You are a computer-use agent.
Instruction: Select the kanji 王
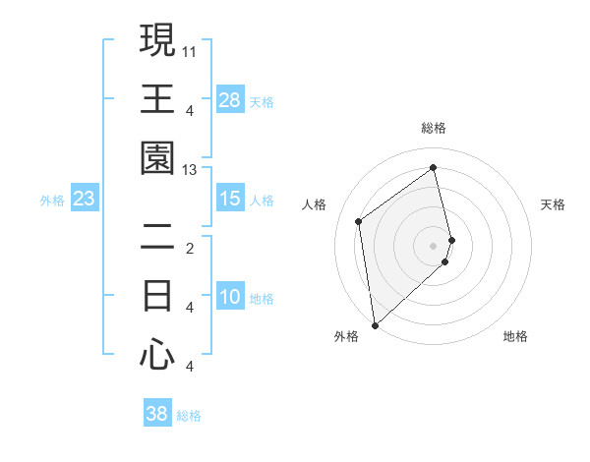tap(157, 98)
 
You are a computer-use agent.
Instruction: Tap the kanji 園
tap(157, 157)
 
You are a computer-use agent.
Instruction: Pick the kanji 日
tap(157, 295)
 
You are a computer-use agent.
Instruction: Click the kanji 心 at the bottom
tap(157, 354)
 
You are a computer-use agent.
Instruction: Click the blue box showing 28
tap(230, 100)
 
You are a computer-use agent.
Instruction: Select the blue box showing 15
tap(230, 200)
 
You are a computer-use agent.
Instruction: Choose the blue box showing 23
tap(85, 200)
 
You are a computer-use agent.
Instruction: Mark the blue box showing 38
tap(157, 415)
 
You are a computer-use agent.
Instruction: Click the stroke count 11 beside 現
tap(190, 50)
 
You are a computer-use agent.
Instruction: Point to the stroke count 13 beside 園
tap(190, 170)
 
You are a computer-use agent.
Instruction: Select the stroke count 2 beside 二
tap(190, 248)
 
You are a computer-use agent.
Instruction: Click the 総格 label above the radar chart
tap(434, 128)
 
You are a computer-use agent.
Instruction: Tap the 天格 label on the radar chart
tap(554, 204)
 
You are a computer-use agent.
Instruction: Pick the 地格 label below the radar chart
tap(516, 336)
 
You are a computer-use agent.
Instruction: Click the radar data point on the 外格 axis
tap(375, 324)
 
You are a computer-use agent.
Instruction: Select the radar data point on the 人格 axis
tap(359, 221)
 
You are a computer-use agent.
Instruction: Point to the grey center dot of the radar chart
tap(434, 245)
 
